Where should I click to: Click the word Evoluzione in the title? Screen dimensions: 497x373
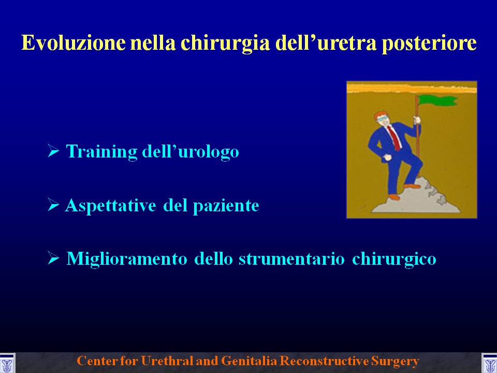click(x=74, y=42)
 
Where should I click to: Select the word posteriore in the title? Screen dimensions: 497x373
click(x=429, y=44)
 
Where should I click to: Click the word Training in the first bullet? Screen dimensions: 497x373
click(x=101, y=152)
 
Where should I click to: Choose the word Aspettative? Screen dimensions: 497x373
click(x=111, y=206)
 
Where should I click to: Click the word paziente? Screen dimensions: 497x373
click(x=226, y=206)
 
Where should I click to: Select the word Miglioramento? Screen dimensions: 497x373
click(x=127, y=259)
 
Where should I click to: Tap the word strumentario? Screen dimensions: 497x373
click(x=291, y=259)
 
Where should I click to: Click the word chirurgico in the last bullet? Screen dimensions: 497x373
click(x=394, y=259)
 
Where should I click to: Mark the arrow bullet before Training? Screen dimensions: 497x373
click(x=53, y=150)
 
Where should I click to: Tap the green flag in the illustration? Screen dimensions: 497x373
click(x=438, y=100)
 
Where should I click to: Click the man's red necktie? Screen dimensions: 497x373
click(x=394, y=138)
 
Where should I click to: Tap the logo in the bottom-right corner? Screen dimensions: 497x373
click(x=489, y=363)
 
